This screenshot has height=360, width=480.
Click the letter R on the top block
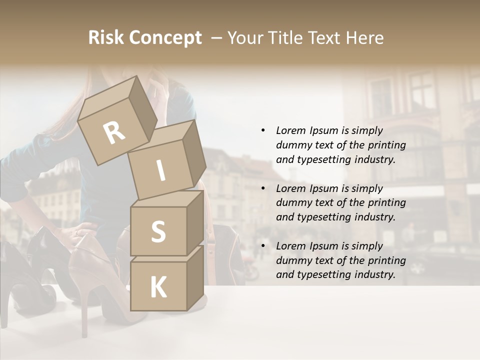pos(114,133)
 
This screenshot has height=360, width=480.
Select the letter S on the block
pos(158,231)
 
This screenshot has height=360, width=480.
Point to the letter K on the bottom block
pos(158,287)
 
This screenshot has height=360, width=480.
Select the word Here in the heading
pos(365,37)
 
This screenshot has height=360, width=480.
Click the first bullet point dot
pos(263,130)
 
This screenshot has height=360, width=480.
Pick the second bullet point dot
pos(263,188)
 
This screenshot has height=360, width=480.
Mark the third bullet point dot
pos(263,246)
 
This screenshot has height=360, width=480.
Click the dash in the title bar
pos(217,38)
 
